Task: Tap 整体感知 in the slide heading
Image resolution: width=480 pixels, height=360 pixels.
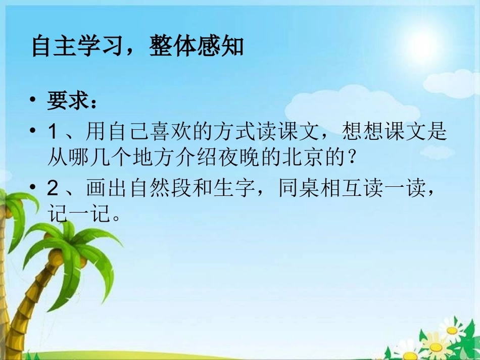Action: (197, 46)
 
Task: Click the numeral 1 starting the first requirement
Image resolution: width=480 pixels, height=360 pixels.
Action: (53, 132)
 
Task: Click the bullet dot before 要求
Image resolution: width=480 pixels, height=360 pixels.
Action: (34, 101)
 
